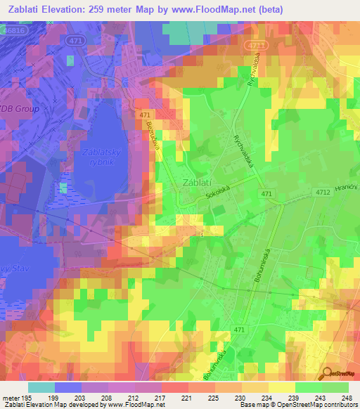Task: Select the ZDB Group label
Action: [x=20, y=110]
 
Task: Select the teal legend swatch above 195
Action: [x=41, y=387]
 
